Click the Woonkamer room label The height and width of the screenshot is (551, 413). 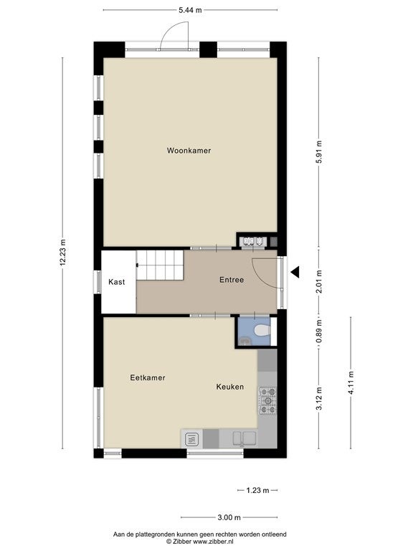[189, 151]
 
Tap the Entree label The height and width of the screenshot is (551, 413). [232, 280]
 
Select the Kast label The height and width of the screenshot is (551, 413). [117, 282]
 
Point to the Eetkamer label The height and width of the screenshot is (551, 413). [148, 378]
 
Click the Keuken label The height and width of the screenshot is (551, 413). [230, 387]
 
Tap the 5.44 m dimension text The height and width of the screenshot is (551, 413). [190, 10]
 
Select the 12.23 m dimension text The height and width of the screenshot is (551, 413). [63, 253]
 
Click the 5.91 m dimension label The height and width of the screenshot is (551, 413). [319, 152]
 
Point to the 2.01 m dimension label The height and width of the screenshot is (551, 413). [319, 281]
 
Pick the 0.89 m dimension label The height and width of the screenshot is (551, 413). [319, 331]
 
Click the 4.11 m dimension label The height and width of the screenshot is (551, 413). [351, 382]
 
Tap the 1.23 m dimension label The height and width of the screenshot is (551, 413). [257, 490]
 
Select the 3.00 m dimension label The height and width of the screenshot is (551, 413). [229, 517]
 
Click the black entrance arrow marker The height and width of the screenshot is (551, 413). [295, 272]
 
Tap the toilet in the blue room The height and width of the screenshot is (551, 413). [262, 331]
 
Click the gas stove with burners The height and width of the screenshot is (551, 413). [268, 400]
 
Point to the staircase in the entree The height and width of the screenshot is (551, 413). [160, 265]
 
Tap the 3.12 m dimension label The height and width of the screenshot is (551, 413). [319, 398]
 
